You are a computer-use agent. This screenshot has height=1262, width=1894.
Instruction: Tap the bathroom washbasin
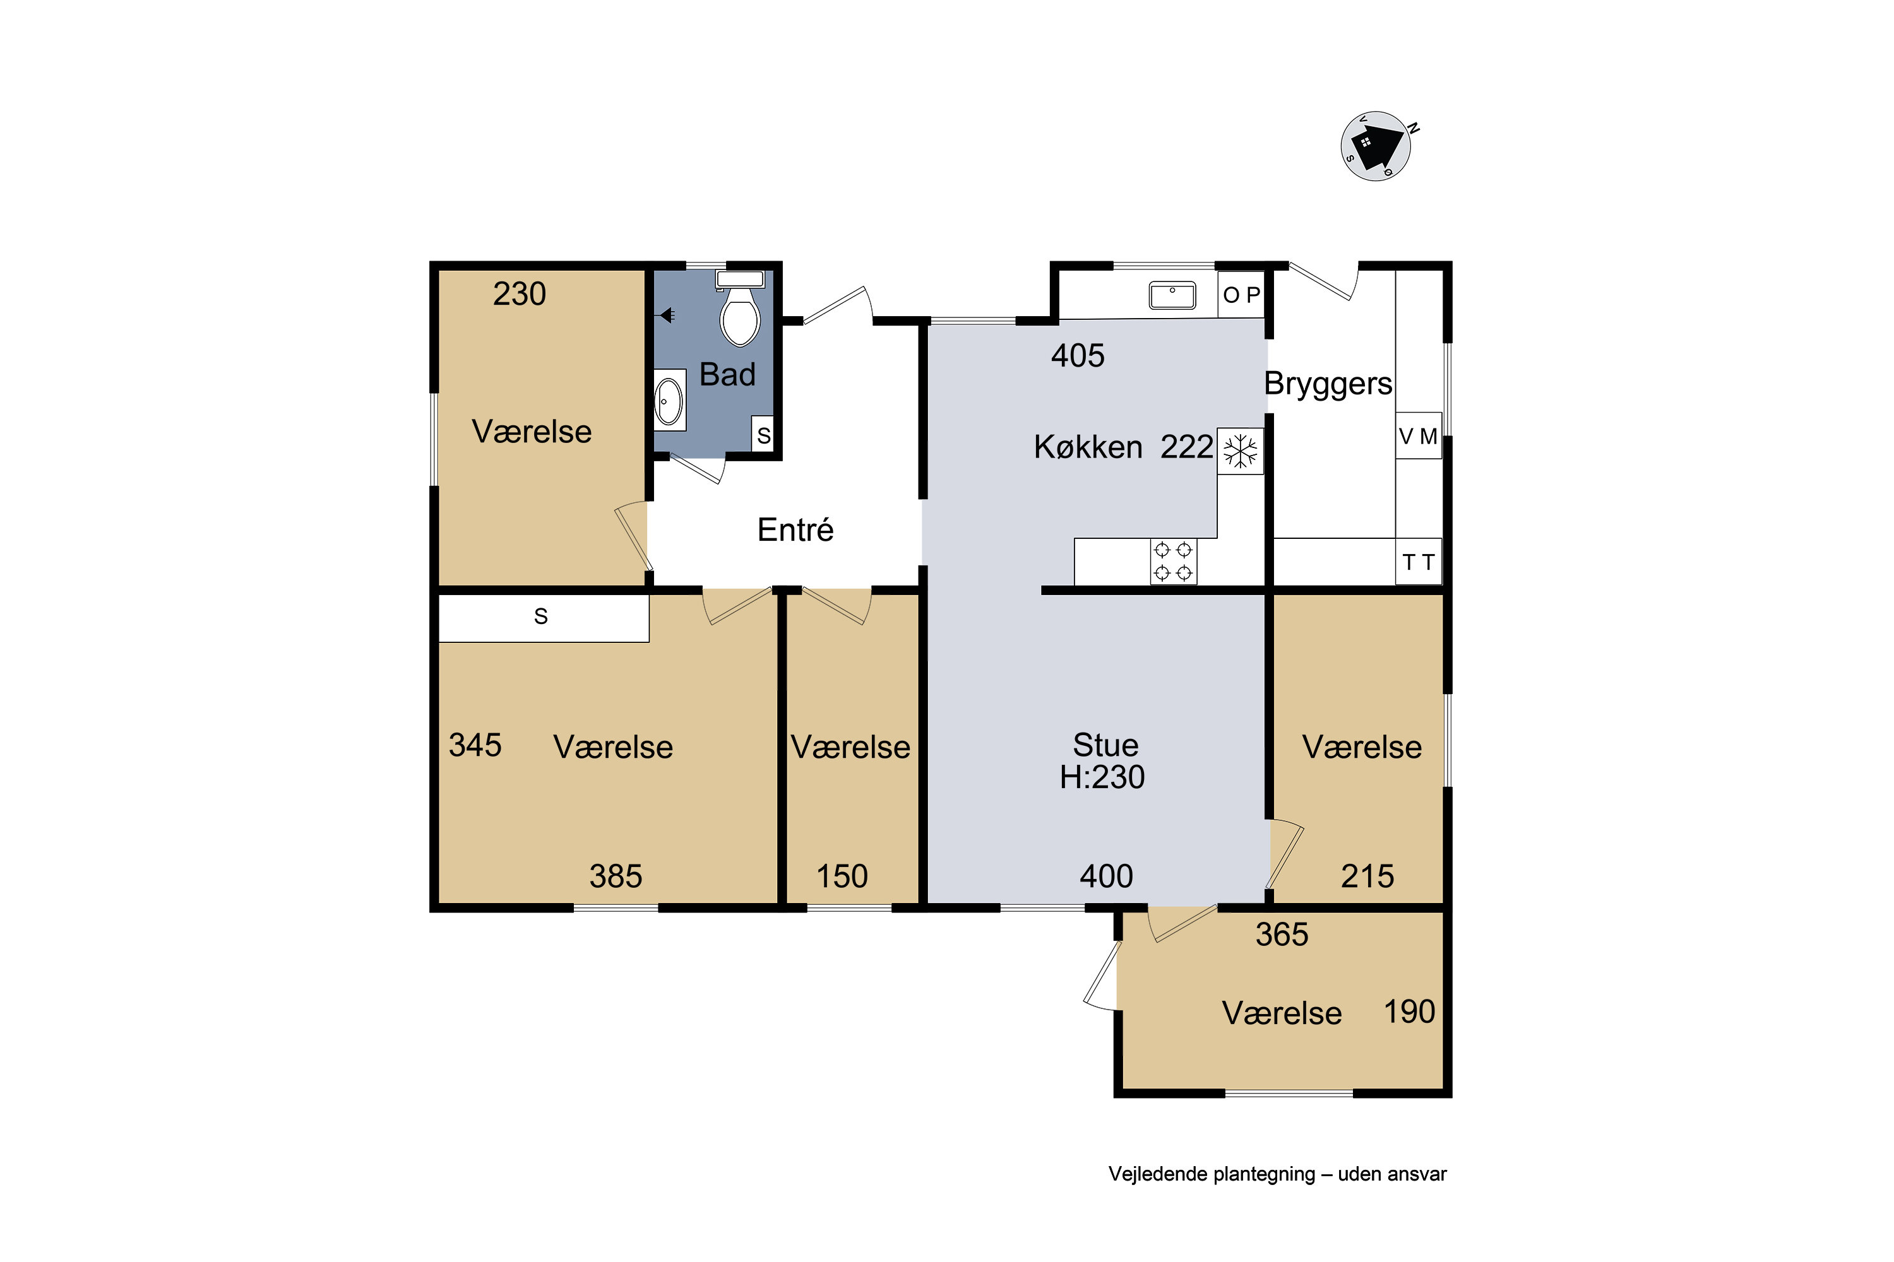669,400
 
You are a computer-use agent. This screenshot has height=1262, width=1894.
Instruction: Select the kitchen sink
1172,295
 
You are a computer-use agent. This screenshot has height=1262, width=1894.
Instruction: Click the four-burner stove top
1173,561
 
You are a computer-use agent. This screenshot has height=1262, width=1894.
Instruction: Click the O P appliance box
1241,295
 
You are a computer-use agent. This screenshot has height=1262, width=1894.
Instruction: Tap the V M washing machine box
1418,435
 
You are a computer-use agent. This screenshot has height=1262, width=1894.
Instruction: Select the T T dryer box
1418,561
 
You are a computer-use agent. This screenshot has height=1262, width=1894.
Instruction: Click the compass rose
1376,146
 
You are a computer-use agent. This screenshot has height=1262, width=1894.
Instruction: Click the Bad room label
727,374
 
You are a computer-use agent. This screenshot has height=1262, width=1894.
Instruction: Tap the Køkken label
1088,447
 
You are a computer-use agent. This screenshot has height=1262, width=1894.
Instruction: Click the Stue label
1105,745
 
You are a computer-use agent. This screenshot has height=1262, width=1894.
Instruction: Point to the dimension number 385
616,876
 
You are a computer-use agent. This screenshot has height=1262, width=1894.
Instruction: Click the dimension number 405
1078,356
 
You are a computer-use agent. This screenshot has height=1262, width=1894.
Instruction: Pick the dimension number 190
1409,1011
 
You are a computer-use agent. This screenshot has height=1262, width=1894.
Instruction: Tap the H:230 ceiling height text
1102,777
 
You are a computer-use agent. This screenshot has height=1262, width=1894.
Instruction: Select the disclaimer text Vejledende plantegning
1211,1174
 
